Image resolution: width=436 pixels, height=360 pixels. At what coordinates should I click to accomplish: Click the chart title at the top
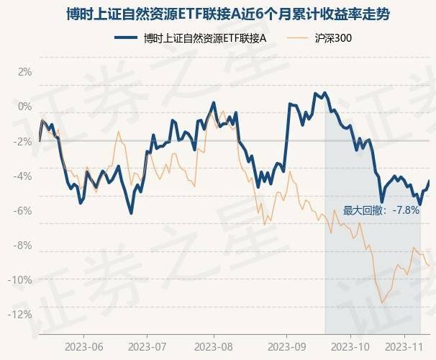[x=218, y=15]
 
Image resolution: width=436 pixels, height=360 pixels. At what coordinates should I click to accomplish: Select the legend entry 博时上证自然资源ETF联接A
[x=204, y=37]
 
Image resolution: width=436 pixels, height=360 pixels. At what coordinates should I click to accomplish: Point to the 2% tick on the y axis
[x=25, y=72]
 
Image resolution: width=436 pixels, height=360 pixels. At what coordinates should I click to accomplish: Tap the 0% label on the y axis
[x=25, y=107]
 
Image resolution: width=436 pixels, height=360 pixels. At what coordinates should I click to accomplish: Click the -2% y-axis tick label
[x=24, y=141]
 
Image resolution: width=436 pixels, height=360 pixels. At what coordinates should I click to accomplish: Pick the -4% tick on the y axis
[x=24, y=176]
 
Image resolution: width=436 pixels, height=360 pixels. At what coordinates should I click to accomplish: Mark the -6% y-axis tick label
[x=24, y=210]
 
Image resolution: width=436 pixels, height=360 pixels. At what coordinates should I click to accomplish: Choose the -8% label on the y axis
[x=24, y=245]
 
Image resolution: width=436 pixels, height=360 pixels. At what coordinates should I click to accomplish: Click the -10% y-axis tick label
[x=22, y=279]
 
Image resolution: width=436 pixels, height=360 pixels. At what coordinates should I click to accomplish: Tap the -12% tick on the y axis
[x=22, y=314]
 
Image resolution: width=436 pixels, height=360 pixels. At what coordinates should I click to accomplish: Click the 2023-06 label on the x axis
[x=83, y=346]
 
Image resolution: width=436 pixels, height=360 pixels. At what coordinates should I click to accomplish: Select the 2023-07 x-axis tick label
[x=147, y=346]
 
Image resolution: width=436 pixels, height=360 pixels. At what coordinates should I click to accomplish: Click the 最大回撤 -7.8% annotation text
[x=381, y=210]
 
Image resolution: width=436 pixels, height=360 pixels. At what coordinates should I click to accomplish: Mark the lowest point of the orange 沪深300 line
[x=382, y=303]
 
